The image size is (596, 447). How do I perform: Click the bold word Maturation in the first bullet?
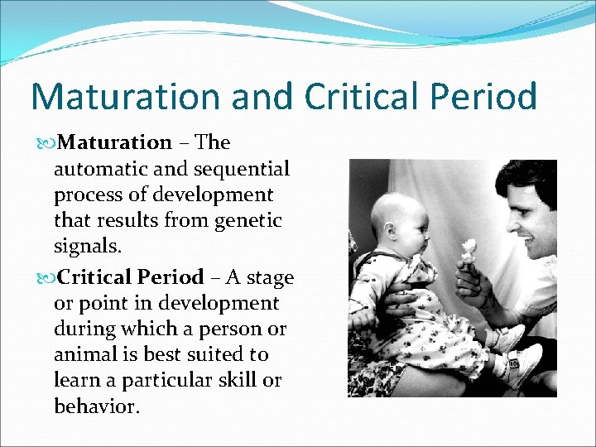point(116,142)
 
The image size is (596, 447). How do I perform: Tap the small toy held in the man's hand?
point(470,253)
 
